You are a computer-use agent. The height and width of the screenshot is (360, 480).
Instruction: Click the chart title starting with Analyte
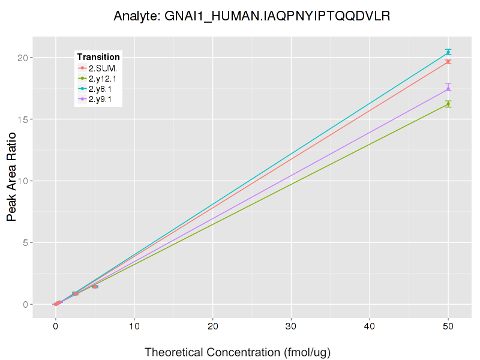[x=252, y=16]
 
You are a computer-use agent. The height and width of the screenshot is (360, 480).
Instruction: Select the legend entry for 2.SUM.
[x=103, y=68]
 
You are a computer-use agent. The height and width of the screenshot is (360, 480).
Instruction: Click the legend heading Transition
[x=98, y=57]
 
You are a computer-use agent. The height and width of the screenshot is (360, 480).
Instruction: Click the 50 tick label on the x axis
[x=448, y=327]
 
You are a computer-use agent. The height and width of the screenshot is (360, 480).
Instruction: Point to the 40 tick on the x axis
[x=370, y=327]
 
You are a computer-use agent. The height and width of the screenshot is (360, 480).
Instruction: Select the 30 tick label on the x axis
[x=291, y=327]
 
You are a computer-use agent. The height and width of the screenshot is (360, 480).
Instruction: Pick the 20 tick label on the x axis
[x=212, y=327]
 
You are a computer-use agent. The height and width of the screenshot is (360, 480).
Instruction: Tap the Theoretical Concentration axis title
[x=238, y=352]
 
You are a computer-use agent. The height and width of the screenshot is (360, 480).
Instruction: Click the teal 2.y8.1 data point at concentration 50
[x=448, y=53]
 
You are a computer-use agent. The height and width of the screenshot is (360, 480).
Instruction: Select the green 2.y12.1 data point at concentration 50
[x=448, y=104]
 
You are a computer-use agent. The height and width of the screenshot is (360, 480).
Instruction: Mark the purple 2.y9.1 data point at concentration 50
[x=448, y=89]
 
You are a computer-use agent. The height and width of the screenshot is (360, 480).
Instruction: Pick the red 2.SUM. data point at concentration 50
[x=448, y=62]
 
